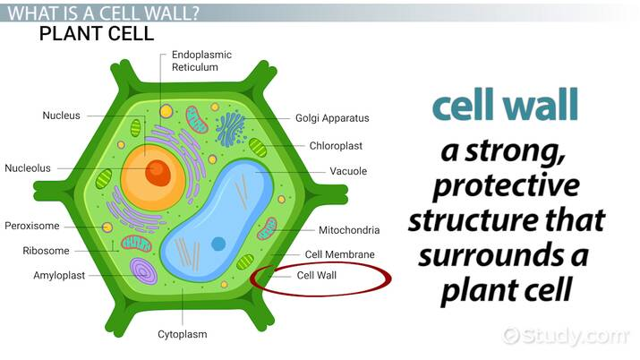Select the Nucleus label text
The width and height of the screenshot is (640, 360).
61,116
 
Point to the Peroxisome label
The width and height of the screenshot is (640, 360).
31,226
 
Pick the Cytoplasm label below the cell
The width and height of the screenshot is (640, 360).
183,334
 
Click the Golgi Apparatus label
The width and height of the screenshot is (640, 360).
332,118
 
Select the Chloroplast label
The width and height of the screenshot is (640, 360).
337,144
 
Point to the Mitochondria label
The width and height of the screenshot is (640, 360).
343,230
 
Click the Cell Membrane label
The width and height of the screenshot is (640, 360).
339,254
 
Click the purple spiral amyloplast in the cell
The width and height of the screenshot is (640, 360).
142,271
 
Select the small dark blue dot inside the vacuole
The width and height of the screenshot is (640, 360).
218,243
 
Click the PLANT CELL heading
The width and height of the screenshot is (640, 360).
98,34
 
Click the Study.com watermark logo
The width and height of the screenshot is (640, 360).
565,336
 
